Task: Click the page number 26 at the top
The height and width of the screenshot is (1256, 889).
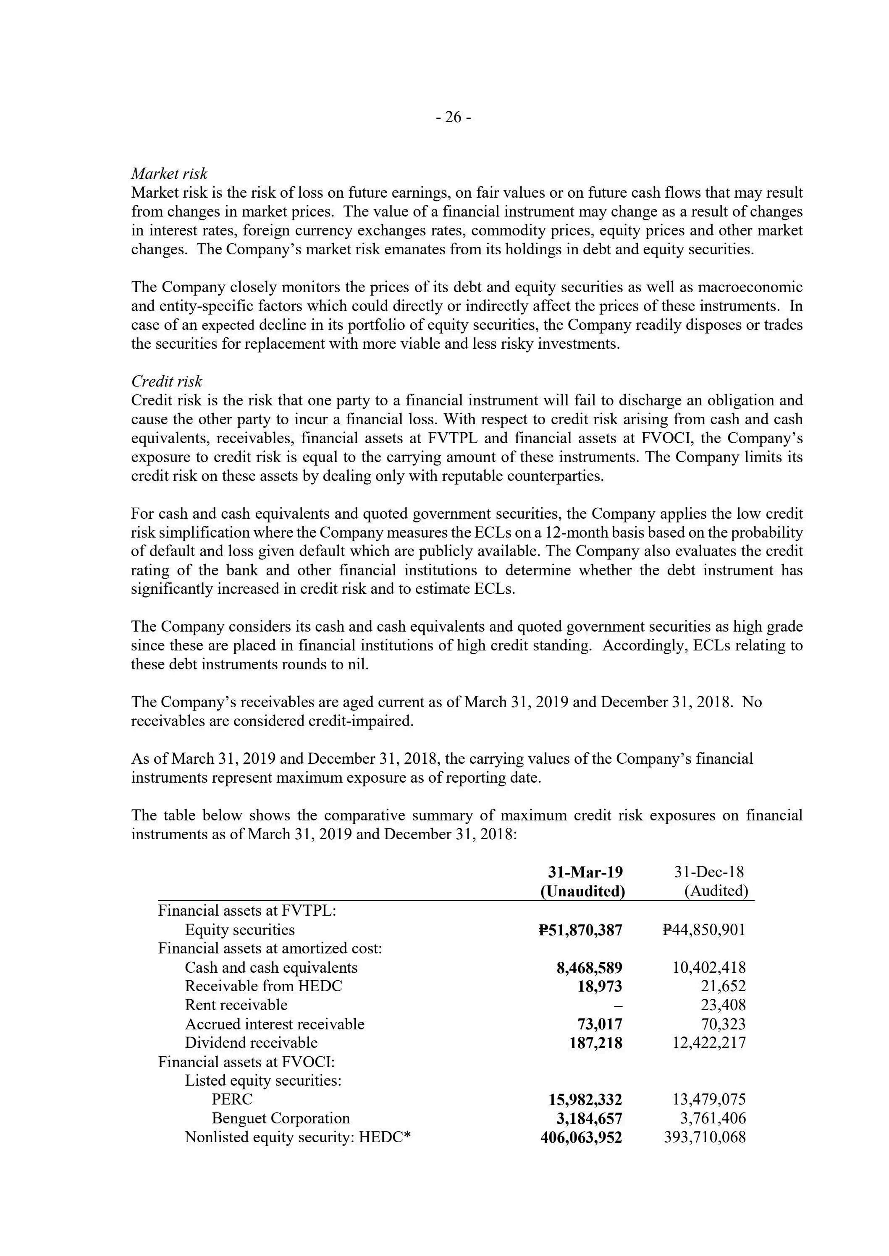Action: click(x=453, y=117)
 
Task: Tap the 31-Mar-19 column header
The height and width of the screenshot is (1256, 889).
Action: click(x=585, y=872)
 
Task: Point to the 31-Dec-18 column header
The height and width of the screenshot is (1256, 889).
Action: click(x=709, y=872)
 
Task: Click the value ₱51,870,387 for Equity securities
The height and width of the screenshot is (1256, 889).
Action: click(x=580, y=930)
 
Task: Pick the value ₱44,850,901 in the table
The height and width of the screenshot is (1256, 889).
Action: click(x=703, y=930)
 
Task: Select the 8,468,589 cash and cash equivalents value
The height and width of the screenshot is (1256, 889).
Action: click(x=589, y=967)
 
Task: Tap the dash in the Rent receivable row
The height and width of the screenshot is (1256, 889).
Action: click(x=619, y=1005)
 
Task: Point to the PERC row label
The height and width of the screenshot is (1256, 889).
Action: click(x=232, y=1099)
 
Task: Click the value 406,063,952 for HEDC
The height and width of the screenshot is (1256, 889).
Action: click(x=581, y=1137)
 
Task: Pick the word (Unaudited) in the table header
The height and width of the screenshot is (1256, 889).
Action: click(x=582, y=891)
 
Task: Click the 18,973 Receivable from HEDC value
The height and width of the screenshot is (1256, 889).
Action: click(x=600, y=986)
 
